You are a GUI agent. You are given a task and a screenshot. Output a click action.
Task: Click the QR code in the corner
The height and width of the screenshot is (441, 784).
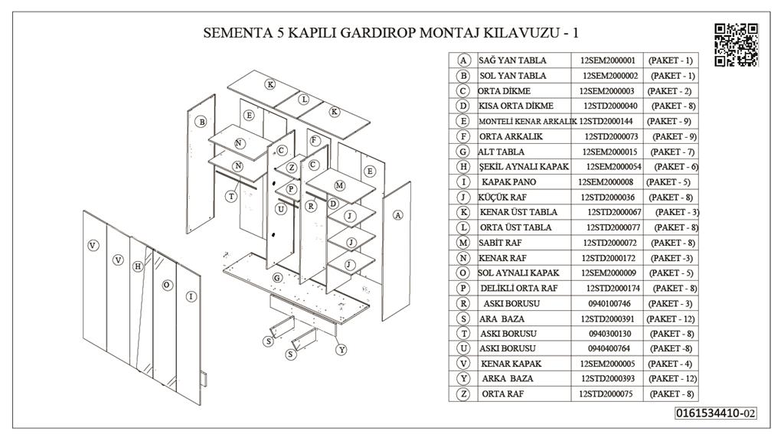tap(736, 44)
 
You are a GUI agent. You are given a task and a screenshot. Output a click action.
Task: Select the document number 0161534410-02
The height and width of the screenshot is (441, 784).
tap(716, 413)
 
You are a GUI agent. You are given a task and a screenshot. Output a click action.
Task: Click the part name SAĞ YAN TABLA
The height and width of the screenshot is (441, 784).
tap(512, 60)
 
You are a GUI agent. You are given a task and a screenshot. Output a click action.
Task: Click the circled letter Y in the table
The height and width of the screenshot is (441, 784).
tap(463, 378)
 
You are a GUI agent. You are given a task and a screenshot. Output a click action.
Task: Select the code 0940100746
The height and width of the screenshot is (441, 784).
tap(609, 303)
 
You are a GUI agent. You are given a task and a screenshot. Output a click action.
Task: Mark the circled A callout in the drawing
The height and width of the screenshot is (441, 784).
tap(397, 216)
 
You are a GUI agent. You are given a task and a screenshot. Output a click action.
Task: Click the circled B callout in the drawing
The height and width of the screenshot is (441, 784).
tap(201, 122)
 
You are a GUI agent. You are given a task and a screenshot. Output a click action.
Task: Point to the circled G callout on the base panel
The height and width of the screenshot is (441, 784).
tap(277, 276)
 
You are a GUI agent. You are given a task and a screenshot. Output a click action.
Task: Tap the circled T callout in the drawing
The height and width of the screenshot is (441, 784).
tap(231, 197)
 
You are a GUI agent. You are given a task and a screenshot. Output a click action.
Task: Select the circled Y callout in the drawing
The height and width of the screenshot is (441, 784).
tap(341, 349)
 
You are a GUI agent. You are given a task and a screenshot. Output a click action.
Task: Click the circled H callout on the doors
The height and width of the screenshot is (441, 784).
tap(138, 266)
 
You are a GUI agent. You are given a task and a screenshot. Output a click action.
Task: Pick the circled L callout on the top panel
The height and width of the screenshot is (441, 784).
tap(304, 100)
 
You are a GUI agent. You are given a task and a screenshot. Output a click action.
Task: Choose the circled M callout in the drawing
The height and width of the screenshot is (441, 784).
tap(340, 186)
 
